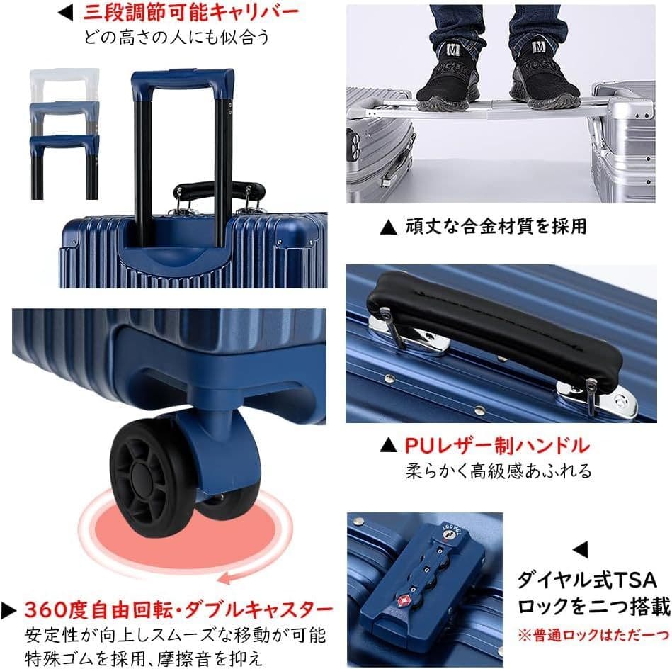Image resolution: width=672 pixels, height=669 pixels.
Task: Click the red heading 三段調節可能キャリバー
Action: (x=190, y=12)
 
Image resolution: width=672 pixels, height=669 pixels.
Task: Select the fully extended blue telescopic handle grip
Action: (x=183, y=79)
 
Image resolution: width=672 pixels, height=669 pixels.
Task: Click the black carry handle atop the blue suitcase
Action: (x=219, y=190)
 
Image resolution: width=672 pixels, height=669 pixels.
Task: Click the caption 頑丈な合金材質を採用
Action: (x=496, y=227)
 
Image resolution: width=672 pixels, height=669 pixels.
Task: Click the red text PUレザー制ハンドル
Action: (x=496, y=446)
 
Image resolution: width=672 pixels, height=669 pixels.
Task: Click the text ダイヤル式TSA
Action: (x=588, y=580)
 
